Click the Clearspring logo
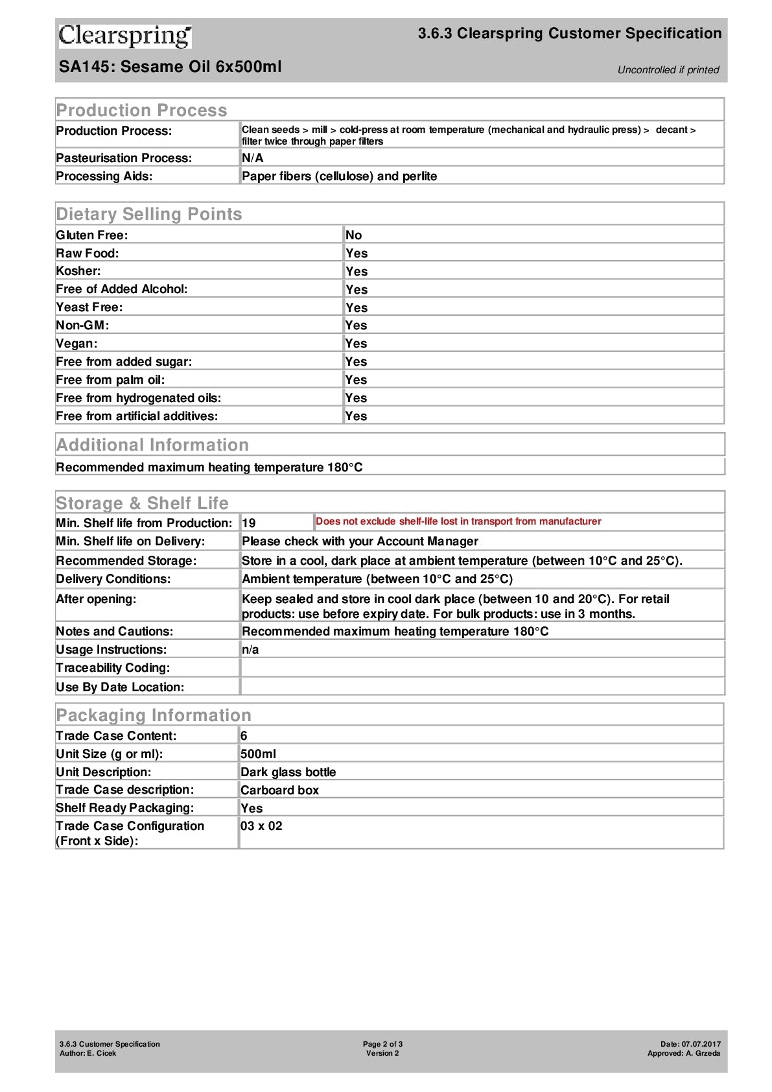point(125,36)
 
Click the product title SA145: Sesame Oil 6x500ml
point(170,67)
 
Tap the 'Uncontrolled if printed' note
point(668,70)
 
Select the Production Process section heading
point(141,110)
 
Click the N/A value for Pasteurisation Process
point(252,158)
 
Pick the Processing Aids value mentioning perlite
point(339,176)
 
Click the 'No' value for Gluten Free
point(353,235)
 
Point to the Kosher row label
point(78,271)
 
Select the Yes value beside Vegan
point(356,344)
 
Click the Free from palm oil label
point(110,380)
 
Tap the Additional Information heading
point(152,445)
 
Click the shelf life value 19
point(249,523)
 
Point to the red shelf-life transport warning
point(458,521)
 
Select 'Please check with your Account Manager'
point(360,541)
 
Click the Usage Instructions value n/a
point(250,650)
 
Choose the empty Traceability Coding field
point(481,668)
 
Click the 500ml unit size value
point(258,754)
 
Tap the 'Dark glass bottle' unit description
point(288,772)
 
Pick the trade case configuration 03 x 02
point(261,826)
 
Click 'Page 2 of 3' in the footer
point(382,1044)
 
